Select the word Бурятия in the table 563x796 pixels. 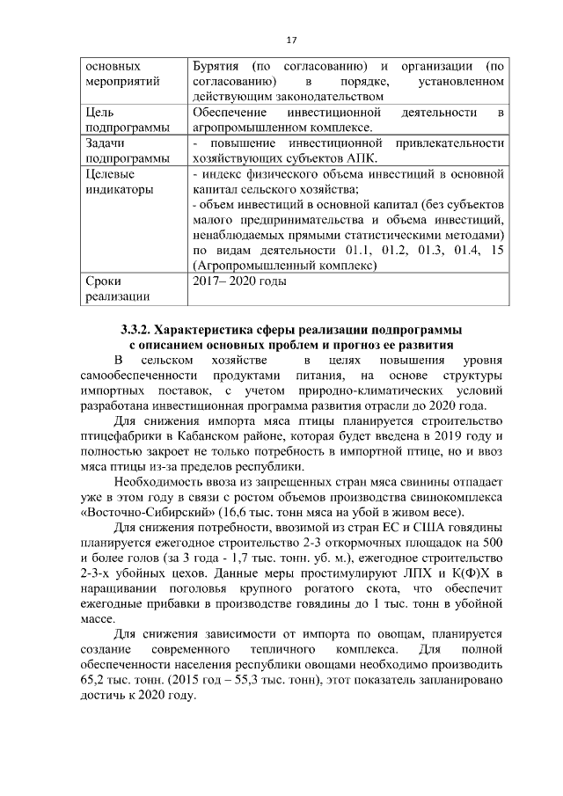[216, 67]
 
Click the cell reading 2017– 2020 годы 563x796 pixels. [239, 281]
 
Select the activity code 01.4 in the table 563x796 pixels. [457, 251]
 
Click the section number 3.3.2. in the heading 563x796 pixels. [137, 329]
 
